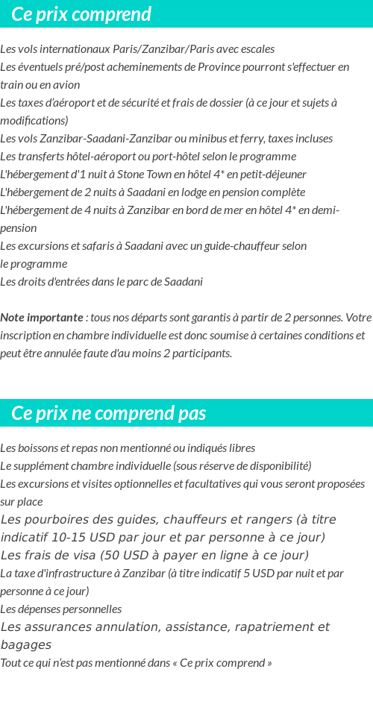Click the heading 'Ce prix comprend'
coord(81,14)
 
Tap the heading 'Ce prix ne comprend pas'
coord(109,413)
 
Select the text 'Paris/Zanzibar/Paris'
coord(149,49)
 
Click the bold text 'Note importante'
coord(42,318)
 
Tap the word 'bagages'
coord(25,645)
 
